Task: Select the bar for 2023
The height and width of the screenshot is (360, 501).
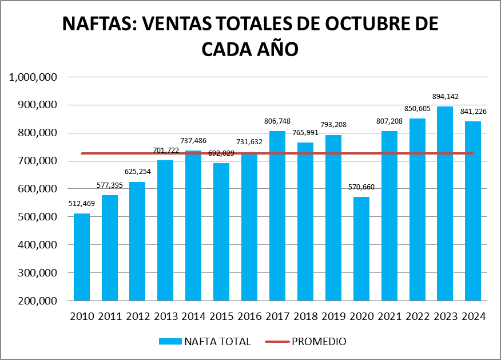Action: [x=445, y=203]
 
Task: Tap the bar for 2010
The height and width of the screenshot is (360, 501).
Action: [x=81, y=257]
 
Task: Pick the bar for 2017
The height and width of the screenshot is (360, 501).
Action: [x=277, y=216]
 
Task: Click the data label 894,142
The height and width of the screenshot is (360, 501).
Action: [x=445, y=97]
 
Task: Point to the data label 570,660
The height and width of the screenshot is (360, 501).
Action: [x=361, y=187]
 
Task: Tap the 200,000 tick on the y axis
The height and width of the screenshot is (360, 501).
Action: [x=35, y=301]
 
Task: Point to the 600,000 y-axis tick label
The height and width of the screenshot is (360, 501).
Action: [x=35, y=189]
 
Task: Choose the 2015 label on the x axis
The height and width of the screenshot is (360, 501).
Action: [x=221, y=317]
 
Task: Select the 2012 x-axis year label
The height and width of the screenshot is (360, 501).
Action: [x=137, y=317]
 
